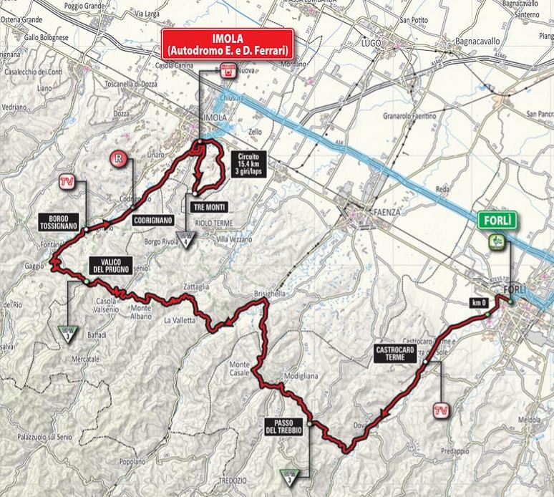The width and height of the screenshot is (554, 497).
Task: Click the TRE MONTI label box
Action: coord(208,206)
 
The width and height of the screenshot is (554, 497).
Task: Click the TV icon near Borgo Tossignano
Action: coord(67,182)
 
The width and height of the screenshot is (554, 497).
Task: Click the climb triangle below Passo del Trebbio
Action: coord(288,471)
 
